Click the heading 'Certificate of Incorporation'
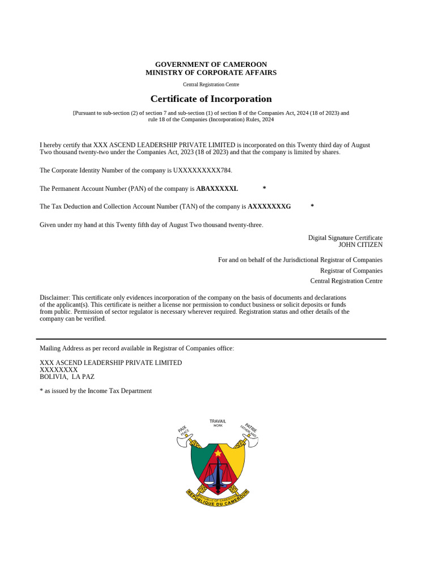click(x=211, y=99)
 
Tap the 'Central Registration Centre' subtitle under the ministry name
click(x=211, y=84)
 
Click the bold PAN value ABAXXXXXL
click(x=217, y=189)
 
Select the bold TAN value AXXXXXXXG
click(x=269, y=207)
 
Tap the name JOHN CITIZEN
click(x=360, y=245)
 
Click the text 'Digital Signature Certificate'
click(x=345, y=237)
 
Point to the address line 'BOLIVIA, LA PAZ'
click(x=67, y=376)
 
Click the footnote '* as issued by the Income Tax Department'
click(x=96, y=391)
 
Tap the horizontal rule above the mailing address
click(x=211, y=339)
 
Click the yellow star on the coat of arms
click(x=217, y=453)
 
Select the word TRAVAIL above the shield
click(x=217, y=421)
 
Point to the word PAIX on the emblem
click(x=182, y=430)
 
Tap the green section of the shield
click(x=199, y=462)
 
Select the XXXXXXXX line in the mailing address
click(x=58, y=369)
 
